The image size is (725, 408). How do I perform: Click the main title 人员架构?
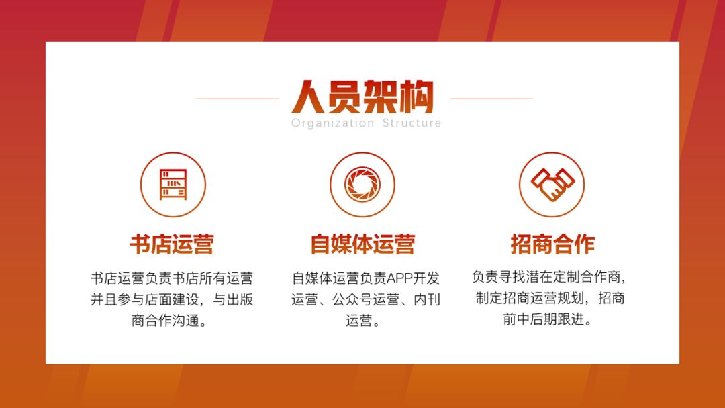tap(362, 97)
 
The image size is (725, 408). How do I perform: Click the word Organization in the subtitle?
tap(332, 123)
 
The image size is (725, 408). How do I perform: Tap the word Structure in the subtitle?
tap(412, 123)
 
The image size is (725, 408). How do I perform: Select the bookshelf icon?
tap(173, 185)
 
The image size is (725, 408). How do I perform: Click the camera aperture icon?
tap(362, 185)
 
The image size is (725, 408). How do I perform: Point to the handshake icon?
tap(552, 185)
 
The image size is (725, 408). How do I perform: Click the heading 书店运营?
tap(172, 244)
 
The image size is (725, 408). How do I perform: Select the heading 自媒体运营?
tap(362, 244)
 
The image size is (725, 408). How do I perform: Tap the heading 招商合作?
tap(552, 244)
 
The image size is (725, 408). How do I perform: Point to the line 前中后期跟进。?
tap(548, 319)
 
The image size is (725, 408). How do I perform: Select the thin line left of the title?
tap(238, 99)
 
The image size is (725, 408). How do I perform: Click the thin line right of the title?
tap(492, 99)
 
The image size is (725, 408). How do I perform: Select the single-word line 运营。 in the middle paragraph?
tap(362, 320)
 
